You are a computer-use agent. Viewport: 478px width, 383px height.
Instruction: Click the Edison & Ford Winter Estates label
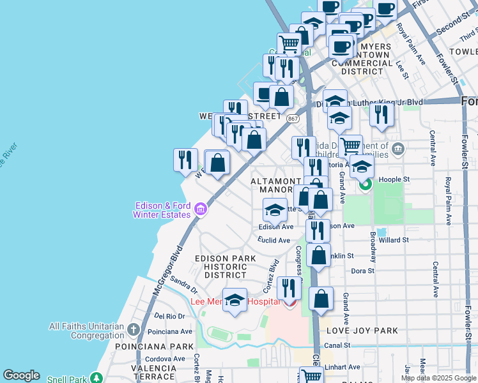tap(163, 210)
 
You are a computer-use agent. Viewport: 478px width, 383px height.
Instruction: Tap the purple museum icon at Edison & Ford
tap(200, 209)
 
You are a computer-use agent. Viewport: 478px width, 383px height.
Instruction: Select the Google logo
tap(22, 375)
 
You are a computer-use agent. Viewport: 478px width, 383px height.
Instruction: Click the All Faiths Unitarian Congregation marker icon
tap(133, 329)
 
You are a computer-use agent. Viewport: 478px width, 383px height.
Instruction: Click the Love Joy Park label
tap(362, 331)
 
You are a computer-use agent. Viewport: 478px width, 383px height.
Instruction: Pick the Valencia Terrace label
tap(153, 373)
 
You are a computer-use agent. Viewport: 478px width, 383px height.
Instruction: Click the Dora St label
tap(362, 271)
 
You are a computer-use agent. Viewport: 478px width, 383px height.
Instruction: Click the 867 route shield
tap(293, 119)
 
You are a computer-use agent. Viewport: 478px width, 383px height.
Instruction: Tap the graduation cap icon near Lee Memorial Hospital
tap(235, 299)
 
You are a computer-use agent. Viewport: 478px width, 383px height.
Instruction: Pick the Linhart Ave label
tap(344, 367)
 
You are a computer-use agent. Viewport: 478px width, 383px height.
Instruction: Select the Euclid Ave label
tap(274, 240)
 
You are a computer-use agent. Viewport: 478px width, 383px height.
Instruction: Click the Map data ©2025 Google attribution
tap(438, 378)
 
